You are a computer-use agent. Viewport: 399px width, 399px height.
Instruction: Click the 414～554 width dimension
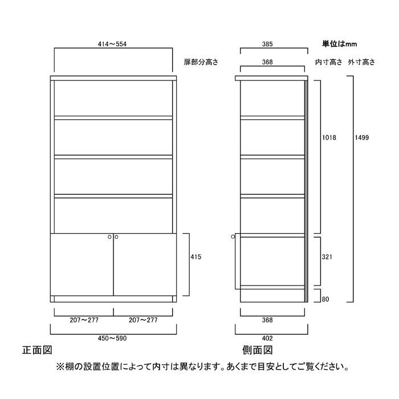112,44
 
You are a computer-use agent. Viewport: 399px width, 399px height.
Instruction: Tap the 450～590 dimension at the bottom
112,338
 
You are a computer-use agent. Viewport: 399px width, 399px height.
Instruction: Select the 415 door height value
196,257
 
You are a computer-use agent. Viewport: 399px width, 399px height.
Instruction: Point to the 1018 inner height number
329,138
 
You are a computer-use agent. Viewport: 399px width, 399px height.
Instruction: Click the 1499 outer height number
361,138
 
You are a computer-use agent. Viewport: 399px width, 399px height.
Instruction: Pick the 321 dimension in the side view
327,257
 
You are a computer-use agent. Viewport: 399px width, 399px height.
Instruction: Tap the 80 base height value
325,299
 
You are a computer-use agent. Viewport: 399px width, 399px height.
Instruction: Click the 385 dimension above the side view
267,44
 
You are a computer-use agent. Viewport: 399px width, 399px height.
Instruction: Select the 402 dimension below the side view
267,338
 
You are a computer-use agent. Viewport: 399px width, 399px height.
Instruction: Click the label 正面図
37,350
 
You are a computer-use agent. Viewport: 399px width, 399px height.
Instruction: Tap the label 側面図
258,350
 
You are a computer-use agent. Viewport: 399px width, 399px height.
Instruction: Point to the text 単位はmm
340,44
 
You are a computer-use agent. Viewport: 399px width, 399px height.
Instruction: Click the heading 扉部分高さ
201,62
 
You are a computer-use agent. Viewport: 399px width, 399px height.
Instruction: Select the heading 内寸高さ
328,62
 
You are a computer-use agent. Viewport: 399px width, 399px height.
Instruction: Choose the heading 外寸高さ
361,62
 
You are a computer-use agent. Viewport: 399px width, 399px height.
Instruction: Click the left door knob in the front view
109,237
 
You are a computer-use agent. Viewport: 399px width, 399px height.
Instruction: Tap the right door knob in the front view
116,237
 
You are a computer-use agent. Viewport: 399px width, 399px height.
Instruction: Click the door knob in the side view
233,237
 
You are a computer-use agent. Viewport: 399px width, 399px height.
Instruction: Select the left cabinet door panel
82,264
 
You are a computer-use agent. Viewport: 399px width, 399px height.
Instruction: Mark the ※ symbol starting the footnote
60,367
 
